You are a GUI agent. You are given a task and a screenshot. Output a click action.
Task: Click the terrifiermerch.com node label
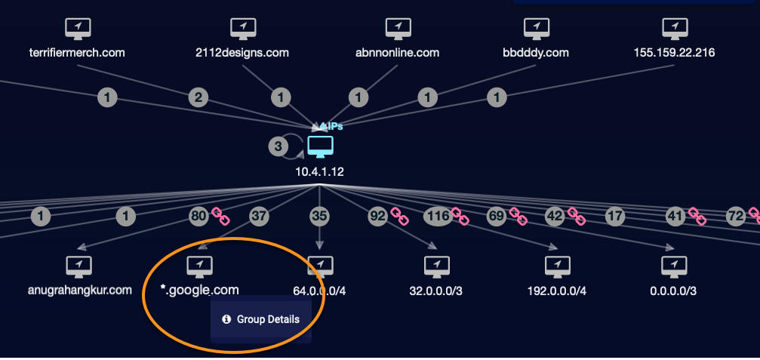tap(75, 53)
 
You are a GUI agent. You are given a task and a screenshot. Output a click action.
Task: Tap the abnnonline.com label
tap(397, 53)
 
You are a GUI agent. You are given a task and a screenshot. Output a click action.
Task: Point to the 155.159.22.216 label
tap(674, 53)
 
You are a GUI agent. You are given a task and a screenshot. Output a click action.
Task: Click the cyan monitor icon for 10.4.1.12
tap(320, 146)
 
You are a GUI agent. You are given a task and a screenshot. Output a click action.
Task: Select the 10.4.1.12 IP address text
tap(320, 171)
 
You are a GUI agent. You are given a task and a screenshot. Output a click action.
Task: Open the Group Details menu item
tap(261, 319)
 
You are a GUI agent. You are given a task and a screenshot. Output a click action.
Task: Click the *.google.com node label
tap(199, 290)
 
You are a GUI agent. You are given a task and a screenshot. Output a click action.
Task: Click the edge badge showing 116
tap(438, 217)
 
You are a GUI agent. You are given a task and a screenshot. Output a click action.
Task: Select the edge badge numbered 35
tap(320, 217)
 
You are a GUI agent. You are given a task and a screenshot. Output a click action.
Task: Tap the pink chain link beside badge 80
tap(220, 217)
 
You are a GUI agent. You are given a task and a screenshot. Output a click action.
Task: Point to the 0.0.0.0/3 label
tap(673, 291)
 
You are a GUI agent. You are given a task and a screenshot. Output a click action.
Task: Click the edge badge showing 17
tap(615, 217)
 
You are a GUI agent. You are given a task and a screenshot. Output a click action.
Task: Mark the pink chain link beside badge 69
tap(518, 217)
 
